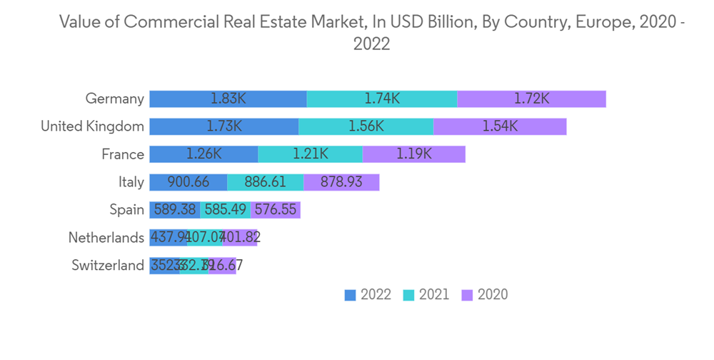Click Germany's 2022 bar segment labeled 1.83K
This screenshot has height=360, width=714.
pyautogui.click(x=228, y=99)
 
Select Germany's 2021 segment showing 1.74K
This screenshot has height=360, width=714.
pyautogui.click(x=382, y=99)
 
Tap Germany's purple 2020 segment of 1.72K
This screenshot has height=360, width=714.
pyautogui.click(x=531, y=99)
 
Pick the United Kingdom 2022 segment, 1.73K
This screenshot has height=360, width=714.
pyautogui.click(x=224, y=126)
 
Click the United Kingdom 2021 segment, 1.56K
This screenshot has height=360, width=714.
pyautogui.click(x=366, y=126)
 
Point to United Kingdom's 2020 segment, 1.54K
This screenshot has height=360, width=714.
pyautogui.click(x=500, y=126)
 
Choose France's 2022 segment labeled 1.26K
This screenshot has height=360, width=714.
pyautogui.click(x=203, y=154)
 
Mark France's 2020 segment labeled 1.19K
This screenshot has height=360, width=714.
pyautogui.click(x=414, y=154)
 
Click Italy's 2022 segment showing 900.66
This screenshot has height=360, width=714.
pyautogui.click(x=188, y=182)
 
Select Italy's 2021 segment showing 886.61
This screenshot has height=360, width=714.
pyautogui.click(x=266, y=182)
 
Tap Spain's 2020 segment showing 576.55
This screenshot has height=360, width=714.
pyautogui.click(x=276, y=210)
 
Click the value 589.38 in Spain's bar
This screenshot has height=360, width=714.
pyautogui.click(x=175, y=210)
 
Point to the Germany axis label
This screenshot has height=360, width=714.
pyautogui.click(x=114, y=99)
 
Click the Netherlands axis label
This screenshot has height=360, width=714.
pyautogui.click(x=106, y=238)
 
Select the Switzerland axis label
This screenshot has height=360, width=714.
pyautogui.click(x=108, y=266)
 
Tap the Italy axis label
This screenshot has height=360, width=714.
pyautogui.click(x=131, y=182)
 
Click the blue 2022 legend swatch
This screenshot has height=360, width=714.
pyautogui.click(x=350, y=295)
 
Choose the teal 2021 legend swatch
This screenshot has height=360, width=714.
pyautogui.click(x=408, y=295)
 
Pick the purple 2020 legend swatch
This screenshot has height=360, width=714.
pyautogui.click(x=467, y=295)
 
